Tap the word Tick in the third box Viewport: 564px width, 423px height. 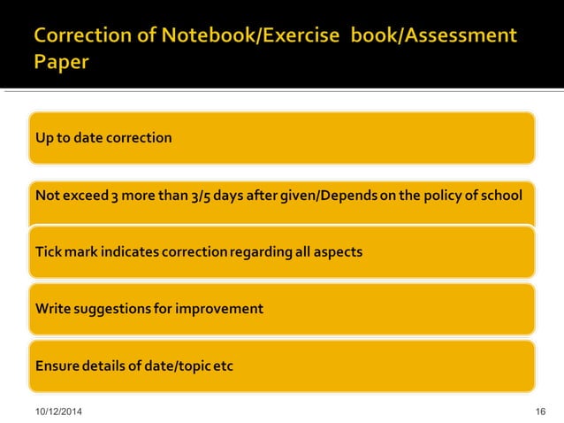click(47, 252)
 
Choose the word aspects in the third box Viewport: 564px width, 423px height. click(336, 252)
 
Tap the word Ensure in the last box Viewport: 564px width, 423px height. click(55, 365)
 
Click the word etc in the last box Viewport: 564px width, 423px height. click(222, 365)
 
